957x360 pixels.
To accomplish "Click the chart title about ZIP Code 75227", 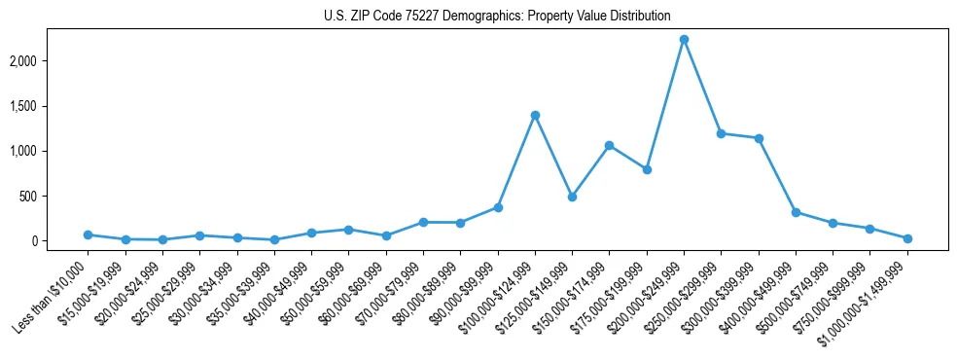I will click(x=497, y=16).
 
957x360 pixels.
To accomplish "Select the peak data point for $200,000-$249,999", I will click(x=684, y=40).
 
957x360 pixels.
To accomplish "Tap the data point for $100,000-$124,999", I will click(x=535, y=115).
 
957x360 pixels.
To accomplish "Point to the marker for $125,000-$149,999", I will click(x=572, y=197).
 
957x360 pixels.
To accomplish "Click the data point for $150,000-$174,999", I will click(x=609, y=146).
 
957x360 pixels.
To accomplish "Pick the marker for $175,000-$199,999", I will click(x=647, y=169).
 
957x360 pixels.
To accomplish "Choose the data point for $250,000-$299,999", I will click(x=721, y=133).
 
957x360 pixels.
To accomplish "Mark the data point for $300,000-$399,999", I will click(x=759, y=138).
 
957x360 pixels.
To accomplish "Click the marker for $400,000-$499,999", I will click(x=796, y=212).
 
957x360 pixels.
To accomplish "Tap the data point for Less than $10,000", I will click(x=88, y=234).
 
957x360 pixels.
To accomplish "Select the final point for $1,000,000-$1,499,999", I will click(x=907, y=238).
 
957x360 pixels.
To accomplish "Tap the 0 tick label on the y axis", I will click(x=61, y=241).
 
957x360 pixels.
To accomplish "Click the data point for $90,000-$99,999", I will click(x=497, y=207).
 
